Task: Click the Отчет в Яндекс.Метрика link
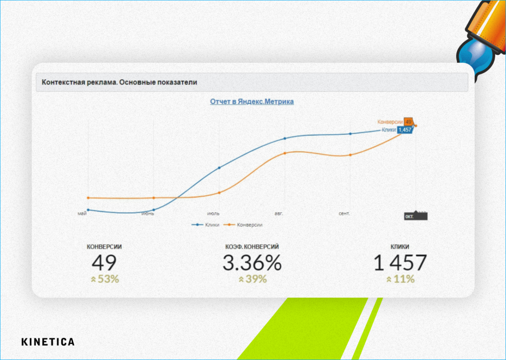click(252, 102)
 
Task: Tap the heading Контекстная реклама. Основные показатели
click(119, 82)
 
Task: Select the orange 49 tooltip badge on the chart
click(408, 122)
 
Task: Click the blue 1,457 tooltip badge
click(405, 130)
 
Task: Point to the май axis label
click(82, 214)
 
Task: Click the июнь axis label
click(148, 214)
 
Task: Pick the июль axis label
click(213, 214)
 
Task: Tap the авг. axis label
click(279, 214)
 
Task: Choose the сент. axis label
click(344, 214)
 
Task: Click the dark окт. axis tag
click(410, 217)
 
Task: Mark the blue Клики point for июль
click(219, 168)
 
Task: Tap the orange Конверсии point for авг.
click(285, 153)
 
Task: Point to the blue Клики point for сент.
click(350, 133)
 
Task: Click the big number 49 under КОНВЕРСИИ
click(104, 262)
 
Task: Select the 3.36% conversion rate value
click(252, 262)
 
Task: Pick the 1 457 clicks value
click(400, 262)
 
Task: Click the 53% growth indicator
click(105, 279)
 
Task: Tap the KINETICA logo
click(48, 342)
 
